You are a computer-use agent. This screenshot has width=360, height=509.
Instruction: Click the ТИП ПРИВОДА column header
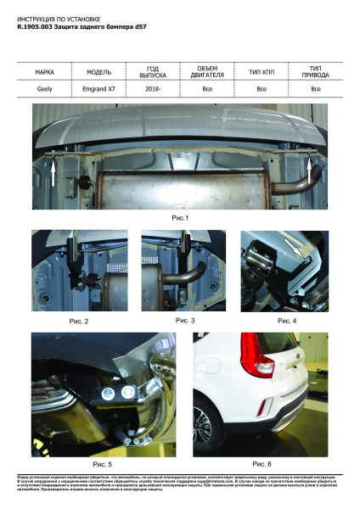[315, 70]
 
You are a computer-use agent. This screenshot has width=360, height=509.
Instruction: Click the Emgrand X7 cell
[99, 88]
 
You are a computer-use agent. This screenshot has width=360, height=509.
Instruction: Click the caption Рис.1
[180, 219]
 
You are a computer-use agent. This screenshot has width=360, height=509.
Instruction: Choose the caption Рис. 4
[287, 322]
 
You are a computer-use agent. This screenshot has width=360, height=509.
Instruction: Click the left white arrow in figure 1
[53, 174]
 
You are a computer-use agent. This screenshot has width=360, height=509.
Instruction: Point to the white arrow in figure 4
[297, 248]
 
